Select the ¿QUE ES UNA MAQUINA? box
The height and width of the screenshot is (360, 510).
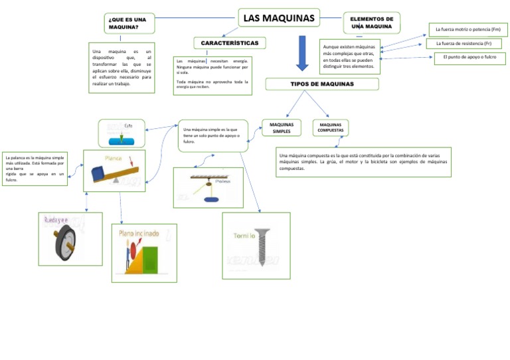[x=129, y=24]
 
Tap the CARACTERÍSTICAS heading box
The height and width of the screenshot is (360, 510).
[x=230, y=43]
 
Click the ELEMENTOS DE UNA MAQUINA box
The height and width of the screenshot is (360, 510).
[x=371, y=23]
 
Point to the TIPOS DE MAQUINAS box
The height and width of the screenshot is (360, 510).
[x=322, y=84]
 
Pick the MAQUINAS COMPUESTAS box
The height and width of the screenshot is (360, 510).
[x=330, y=128]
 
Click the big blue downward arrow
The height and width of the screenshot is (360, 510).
[x=302, y=54]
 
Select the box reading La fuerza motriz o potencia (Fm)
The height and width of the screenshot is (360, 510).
[x=467, y=29]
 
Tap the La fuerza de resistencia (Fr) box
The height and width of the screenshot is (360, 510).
[x=464, y=44]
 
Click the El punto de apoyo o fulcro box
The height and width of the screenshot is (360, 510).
[x=469, y=58]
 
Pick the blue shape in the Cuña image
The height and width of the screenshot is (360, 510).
[x=122, y=141]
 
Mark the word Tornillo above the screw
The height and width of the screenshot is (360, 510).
[x=244, y=236]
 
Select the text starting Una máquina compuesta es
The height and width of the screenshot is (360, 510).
[x=363, y=162]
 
